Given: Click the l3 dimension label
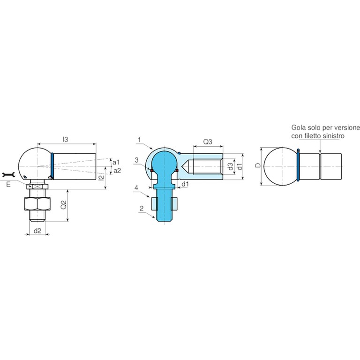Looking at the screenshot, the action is tap(66, 139).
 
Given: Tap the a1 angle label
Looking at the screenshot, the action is tap(116, 163).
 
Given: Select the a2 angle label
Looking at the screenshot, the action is tap(117, 171).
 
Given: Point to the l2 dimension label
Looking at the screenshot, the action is tap(101, 177).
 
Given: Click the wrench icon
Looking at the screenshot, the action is tap(8, 175).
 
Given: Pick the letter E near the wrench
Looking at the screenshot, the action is tap(8, 184).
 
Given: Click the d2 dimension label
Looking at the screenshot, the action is tap(37, 231).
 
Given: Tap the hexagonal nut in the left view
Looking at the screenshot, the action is tap(37, 204).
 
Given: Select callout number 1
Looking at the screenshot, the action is tap(139, 140).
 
